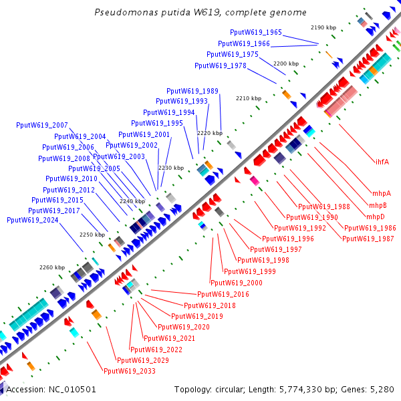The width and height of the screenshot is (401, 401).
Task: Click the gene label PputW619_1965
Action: [256, 32]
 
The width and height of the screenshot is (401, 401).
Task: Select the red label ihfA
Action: [382, 162]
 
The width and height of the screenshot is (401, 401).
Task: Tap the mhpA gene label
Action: [380, 194]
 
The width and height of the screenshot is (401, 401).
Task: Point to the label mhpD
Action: [376, 217]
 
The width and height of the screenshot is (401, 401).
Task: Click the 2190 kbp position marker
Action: [323, 27]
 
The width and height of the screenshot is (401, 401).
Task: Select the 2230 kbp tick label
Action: [170, 168]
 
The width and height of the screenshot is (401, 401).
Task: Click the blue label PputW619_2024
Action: [33, 221]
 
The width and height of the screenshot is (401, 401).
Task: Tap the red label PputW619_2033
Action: [130, 372]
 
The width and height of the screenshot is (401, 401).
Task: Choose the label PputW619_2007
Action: [42, 126]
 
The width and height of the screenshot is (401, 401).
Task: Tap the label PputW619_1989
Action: [192, 91]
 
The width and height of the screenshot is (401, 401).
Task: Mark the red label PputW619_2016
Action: [223, 295]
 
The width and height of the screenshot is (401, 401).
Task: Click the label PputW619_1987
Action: [368, 239]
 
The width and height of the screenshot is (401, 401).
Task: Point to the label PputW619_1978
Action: [221, 66]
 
